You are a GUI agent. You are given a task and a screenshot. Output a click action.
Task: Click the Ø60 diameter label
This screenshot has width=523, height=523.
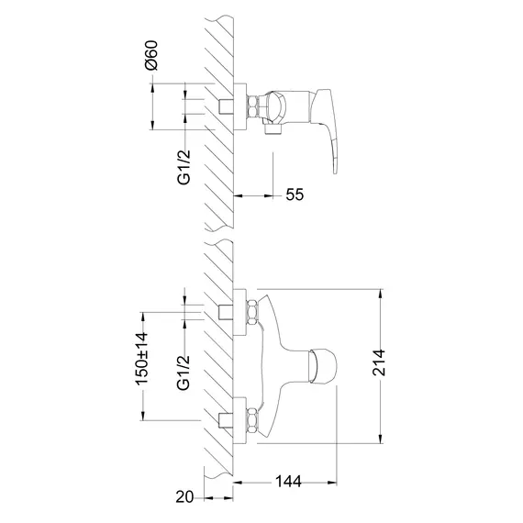point(151,55)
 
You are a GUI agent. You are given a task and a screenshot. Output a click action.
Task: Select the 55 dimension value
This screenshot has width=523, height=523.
point(295,195)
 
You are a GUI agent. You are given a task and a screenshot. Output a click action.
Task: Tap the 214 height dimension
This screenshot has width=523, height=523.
point(379,362)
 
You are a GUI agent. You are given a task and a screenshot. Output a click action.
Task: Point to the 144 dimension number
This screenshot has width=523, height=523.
point(288,482)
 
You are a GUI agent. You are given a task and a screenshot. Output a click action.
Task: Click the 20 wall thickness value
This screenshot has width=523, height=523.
point(184,497)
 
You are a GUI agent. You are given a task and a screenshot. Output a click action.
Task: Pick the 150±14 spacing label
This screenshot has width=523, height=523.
point(141,358)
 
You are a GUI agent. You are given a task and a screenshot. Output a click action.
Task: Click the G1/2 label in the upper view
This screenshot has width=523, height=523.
point(184,167)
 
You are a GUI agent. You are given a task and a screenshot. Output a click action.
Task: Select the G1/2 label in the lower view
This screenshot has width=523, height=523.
point(184,373)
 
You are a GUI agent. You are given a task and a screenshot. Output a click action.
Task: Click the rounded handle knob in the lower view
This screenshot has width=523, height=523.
point(323,366)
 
